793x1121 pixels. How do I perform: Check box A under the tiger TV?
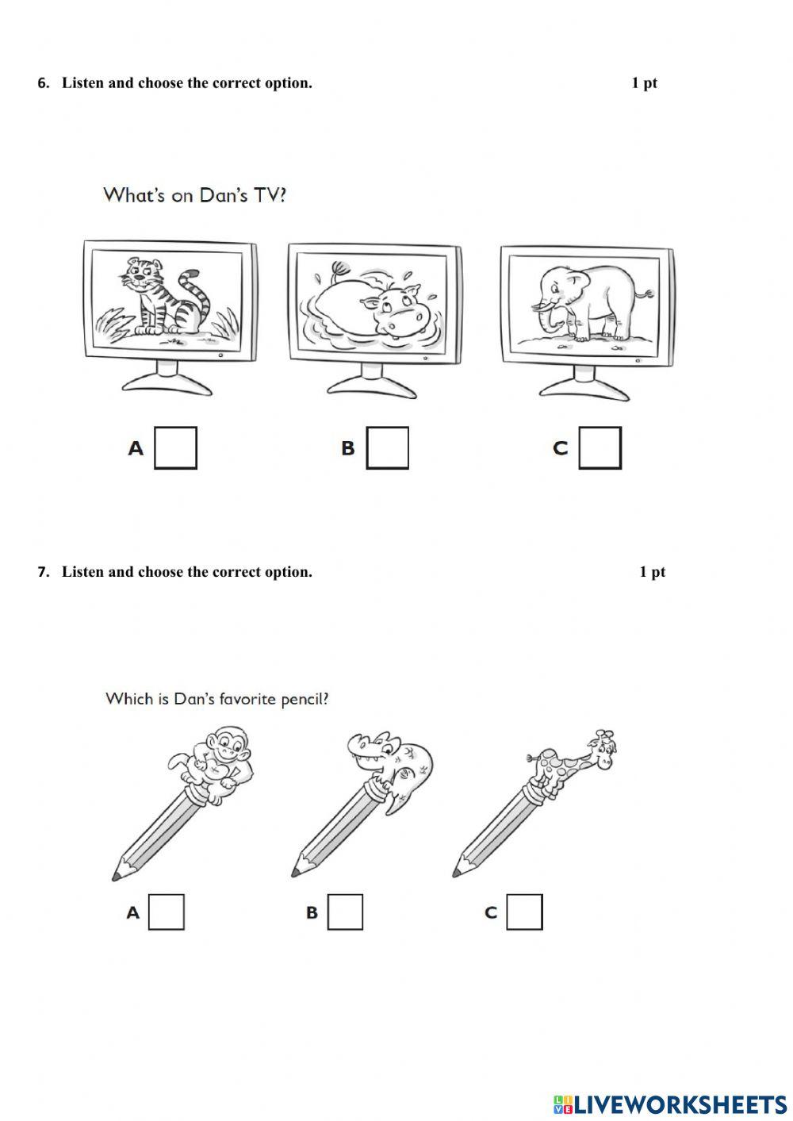[175, 448]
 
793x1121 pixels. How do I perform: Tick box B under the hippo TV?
[387, 448]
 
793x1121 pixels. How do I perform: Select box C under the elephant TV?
[600, 448]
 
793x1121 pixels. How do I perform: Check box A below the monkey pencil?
[166, 912]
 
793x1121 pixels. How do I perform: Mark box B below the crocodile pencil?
[345, 912]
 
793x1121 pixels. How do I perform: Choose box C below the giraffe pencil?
[524, 912]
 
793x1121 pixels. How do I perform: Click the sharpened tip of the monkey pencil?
[117, 874]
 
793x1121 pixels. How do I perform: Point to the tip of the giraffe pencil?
[457, 872]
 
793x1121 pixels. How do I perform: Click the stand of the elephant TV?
[584, 384]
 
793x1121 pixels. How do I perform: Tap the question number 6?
[44, 83]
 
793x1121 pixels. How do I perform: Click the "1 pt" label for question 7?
[652, 572]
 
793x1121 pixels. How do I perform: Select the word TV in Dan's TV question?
[269, 195]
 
